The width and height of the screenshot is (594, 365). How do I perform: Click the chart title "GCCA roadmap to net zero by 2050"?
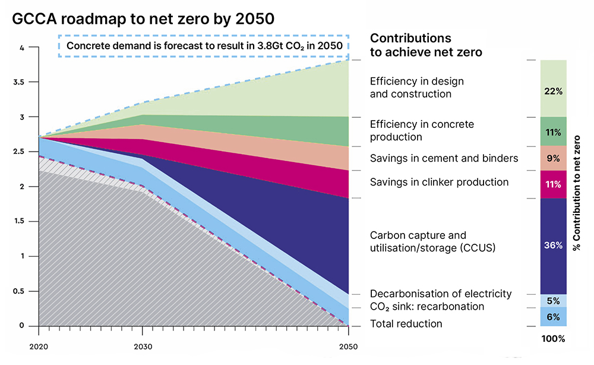click(x=143, y=18)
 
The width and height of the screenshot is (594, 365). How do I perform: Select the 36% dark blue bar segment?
click(x=553, y=246)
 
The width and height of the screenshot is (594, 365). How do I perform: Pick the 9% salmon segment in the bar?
click(x=553, y=159)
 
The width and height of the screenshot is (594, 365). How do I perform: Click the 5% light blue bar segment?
click(x=553, y=301)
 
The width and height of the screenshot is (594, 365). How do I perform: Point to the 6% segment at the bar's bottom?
click(x=553, y=317)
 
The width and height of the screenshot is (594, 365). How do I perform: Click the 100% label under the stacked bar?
click(x=553, y=339)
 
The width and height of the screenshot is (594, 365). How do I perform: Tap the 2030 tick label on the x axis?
click(x=141, y=345)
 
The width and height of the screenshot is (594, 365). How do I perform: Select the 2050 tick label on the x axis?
click(x=348, y=345)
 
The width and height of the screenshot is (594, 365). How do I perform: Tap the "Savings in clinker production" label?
click(x=439, y=182)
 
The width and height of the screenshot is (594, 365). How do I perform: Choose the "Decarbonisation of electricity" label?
click(x=440, y=294)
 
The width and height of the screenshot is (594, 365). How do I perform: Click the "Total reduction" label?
click(x=406, y=324)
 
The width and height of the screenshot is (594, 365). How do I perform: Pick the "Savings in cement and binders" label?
click(x=444, y=158)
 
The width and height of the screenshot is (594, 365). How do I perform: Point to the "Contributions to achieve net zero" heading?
click(x=425, y=45)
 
